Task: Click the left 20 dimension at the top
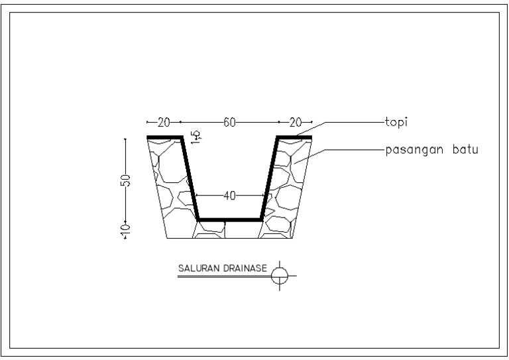click(x=164, y=123)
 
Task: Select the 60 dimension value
click(x=229, y=123)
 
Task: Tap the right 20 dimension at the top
click(x=295, y=123)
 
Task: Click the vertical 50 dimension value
click(x=126, y=180)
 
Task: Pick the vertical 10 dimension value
click(x=126, y=230)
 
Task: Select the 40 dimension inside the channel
click(x=229, y=196)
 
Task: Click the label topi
click(x=396, y=123)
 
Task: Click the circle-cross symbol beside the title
click(x=280, y=274)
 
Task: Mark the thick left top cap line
click(x=164, y=137)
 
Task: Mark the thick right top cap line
click(x=294, y=137)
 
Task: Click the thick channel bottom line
click(x=230, y=219)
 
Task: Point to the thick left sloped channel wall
click(x=190, y=178)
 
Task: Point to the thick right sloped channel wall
click(x=269, y=178)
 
